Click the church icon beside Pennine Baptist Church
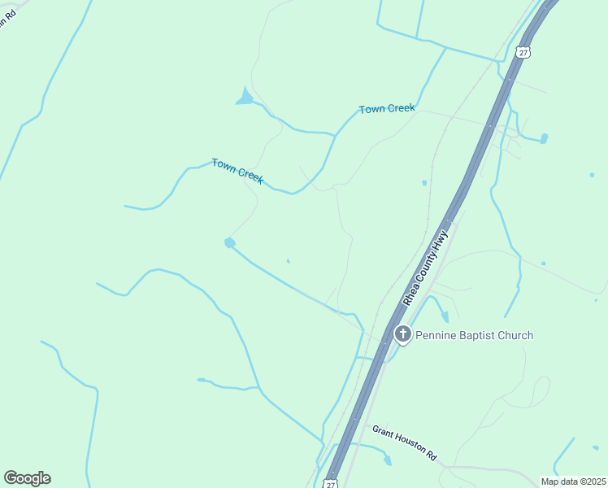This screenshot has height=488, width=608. tap(402, 333)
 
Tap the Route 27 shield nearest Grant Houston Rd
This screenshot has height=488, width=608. tap(330, 483)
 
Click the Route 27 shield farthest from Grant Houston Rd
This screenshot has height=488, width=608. tap(523, 52)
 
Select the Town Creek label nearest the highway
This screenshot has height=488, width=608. tap(387, 109)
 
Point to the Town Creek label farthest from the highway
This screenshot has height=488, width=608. tap(237, 171)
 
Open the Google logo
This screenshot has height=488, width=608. tap(27, 478)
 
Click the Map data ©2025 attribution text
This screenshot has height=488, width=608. tap(574, 481)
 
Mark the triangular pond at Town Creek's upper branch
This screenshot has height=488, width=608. tap(245, 98)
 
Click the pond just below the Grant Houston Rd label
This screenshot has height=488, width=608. tap(388, 460)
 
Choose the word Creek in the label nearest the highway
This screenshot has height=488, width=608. tap(400, 108)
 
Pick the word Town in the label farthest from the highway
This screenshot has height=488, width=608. tap(224, 164)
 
